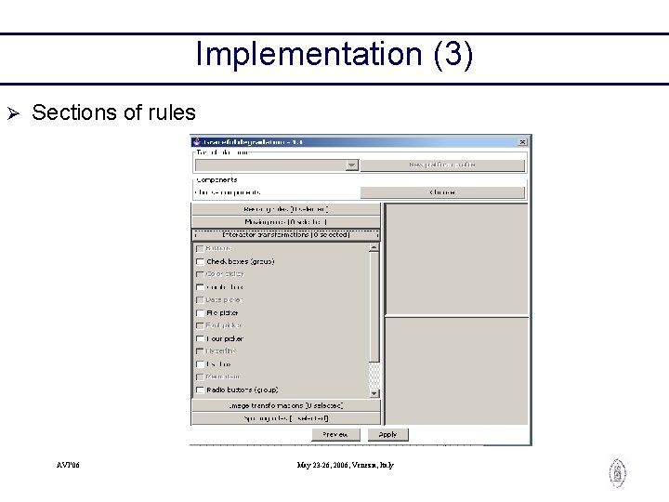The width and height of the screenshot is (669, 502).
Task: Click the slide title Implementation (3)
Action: click(x=334, y=54)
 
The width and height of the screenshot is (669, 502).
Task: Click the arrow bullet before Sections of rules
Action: click(x=13, y=113)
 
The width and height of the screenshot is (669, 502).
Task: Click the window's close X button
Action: click(x=522, y=141)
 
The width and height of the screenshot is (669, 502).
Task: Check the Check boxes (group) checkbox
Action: click(x=200, y=262)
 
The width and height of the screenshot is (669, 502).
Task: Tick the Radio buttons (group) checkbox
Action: click(x=200, y=390)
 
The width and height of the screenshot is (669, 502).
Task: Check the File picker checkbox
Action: click(x=200, y=313)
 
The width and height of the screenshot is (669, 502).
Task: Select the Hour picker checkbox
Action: click(x=200, y=339)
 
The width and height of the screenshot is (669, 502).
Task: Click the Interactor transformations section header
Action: click(x=286, y=235)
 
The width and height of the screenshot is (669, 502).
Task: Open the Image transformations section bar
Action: click(x=286, y=405)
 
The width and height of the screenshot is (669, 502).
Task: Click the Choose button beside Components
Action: click(x=442, y=192)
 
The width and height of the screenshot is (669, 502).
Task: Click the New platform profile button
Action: click(x=442, y=165)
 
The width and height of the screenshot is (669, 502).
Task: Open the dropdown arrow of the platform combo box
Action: click(x=351, y=165)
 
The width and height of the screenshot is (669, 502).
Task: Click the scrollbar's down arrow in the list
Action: click(x=374, y=393)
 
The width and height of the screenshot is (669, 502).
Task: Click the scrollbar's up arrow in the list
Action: click(x=374, y=248)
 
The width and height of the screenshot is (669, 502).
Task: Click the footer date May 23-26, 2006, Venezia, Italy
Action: click(x=345, y=465)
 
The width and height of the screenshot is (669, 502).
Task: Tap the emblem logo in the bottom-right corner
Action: click(x=617, y=473)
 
